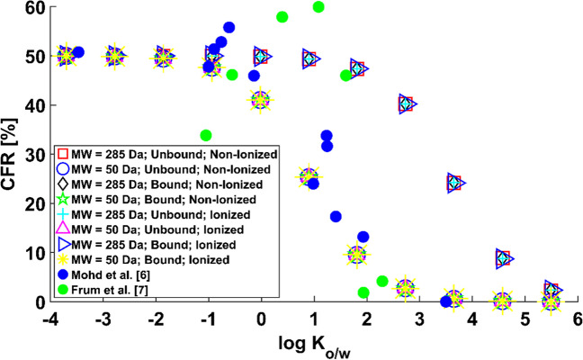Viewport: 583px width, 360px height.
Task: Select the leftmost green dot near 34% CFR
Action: (x=206, y=136)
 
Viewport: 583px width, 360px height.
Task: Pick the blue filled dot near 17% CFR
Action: (x=336, y=217)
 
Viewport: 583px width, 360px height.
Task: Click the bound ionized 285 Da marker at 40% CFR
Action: (x=407, y=104)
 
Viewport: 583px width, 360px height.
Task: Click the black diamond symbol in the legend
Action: (x=64, y=184)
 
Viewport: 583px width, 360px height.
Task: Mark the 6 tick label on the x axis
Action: (x=577, y=318)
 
